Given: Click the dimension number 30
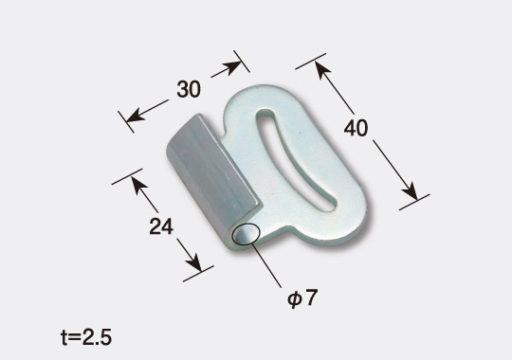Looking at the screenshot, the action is [189, 89].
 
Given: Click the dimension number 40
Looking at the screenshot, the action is [356, 128].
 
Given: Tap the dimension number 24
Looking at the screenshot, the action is [161, 226].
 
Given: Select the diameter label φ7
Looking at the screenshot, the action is [302, 298].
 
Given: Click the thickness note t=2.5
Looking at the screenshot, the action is [86, 337].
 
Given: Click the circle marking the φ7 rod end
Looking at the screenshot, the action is [246, 233].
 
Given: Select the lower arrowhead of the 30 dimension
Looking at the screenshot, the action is [135, 115].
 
